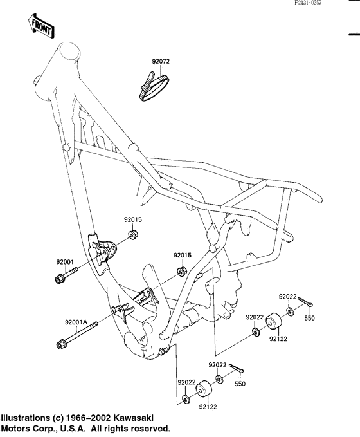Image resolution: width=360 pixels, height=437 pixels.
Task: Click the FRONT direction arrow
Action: [x=41, y=26]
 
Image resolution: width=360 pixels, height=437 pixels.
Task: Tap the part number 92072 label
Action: [x=161, y=61]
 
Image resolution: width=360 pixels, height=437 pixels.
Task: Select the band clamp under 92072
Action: [x=154, y=87]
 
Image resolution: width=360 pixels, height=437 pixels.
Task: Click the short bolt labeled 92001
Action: [x=66, y=274]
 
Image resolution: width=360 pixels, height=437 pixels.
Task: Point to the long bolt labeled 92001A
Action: [x=77, y=335]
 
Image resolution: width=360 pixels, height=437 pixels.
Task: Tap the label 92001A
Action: [x=76, y=322]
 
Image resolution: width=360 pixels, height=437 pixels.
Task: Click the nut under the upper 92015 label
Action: [x=132, y=234]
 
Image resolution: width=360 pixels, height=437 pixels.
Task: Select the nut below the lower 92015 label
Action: [x=182, y=271]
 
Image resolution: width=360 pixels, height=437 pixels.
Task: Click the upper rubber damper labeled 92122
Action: [x=273, y=323]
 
